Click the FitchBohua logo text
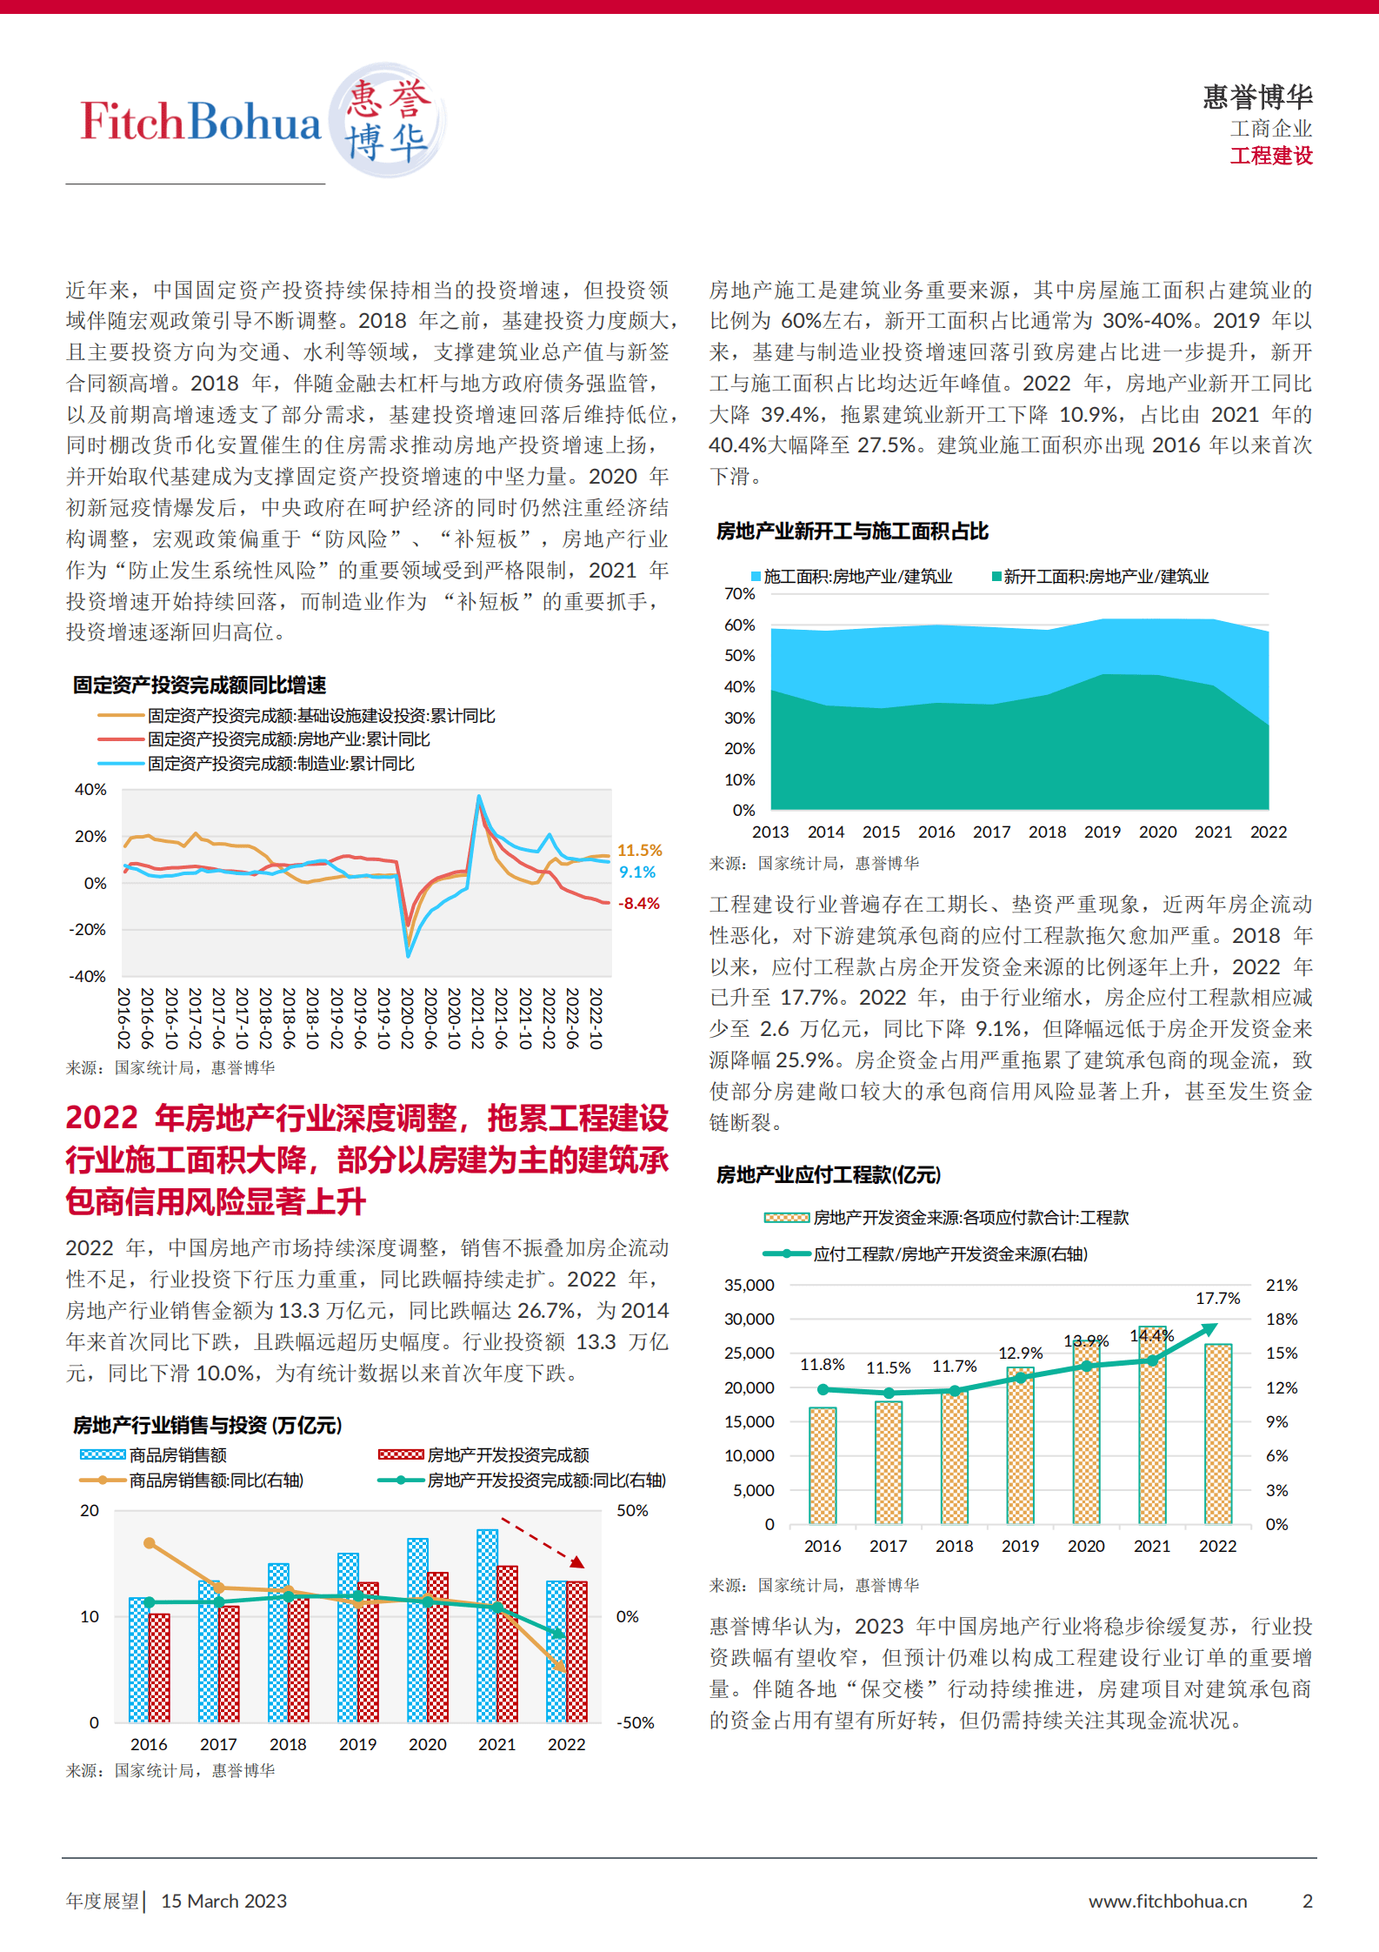[201, 122]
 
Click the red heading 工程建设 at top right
[1270, 156]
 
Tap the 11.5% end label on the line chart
[639, 850]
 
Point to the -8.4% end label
[639, 904]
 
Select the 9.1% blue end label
[637, 872]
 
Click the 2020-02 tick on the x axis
[407, 1018]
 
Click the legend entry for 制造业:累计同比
[280, 764]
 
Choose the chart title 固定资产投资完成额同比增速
[199, 685]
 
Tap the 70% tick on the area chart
[739, 594]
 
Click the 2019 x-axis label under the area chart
[1102, 832]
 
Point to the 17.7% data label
[1217, 1299]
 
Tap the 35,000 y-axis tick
[749, 1286]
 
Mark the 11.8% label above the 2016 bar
[822, 1365]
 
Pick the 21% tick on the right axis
[1281, 1286]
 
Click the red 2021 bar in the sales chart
[508, 1643]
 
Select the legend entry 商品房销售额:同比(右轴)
[216, 1481]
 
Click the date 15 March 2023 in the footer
[223, 1901]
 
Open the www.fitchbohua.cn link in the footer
[1167, 1901]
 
